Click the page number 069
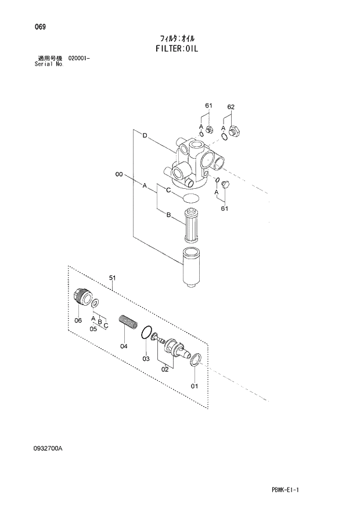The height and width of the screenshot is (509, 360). (x=40, y=27)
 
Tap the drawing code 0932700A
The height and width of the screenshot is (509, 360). (x=51, y=448)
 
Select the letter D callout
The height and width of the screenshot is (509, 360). (x=145, y=136)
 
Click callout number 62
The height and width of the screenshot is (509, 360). (x=231, y=107)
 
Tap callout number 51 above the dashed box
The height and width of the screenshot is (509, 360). (x=113, y=279)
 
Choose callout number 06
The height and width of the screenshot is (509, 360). (x=78, y=320)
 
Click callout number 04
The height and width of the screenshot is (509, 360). (x=123, y=346)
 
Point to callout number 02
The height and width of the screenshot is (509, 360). (x=164, y=368)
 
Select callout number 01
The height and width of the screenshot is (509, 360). (x=195, y=385)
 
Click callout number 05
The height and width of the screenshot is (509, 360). (x=93, y=329)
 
